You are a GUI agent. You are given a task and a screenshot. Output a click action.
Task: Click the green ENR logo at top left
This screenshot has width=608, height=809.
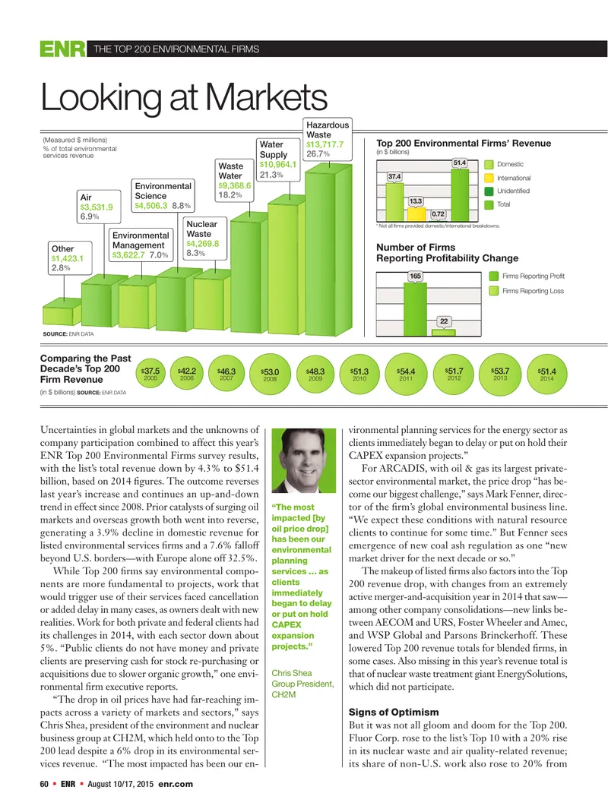(x=62, y=49)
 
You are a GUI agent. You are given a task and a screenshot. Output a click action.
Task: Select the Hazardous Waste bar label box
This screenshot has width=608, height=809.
(x=328, y=139)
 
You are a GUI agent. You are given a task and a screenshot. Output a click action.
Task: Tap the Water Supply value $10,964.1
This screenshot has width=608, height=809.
(x=278, y=165)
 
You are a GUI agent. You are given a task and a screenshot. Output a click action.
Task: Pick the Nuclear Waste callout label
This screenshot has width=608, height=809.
(x=205, y=239)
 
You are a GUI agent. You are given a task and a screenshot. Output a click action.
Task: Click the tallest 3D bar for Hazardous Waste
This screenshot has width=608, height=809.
(x=328, y=248)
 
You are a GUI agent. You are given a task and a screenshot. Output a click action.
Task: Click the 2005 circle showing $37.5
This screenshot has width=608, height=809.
(x=150, y=373)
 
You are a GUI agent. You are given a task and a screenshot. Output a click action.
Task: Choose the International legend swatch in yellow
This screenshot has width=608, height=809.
(x=488, y=178)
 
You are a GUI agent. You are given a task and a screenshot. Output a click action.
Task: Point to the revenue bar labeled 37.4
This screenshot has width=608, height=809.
(x=395, y=202)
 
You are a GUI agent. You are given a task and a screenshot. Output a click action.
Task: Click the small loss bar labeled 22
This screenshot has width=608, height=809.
(x=443, y=333)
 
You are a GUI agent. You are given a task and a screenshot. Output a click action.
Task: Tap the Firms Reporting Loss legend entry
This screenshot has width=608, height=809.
(x=527, y=291)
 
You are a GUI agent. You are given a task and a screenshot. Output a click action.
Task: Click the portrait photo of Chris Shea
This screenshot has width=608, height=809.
(x=303, y=460)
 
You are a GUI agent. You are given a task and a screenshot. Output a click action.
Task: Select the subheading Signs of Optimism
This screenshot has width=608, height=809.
(x=394, y=712)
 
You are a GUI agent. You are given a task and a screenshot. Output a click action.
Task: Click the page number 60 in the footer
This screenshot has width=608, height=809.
(x=44, y=784)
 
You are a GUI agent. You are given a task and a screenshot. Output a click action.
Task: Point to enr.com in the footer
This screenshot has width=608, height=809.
(x=176, y=784)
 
